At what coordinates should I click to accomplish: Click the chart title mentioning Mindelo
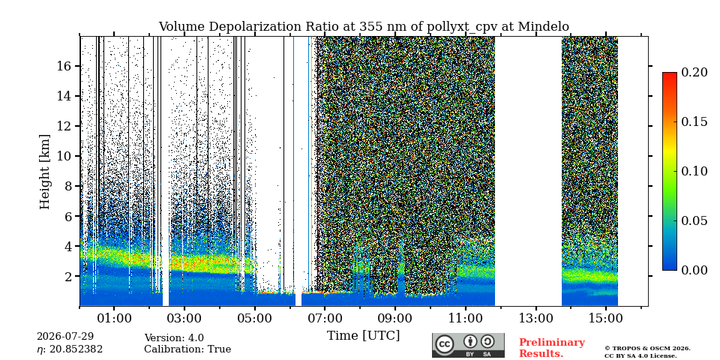coord(364,27)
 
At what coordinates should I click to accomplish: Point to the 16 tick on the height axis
coord(79,66)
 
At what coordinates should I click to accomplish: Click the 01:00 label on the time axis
coord(115,318)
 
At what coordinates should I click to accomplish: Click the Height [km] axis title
coord(44,171)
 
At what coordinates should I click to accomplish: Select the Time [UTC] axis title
coord(363,336)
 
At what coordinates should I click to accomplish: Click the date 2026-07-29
coord(65,337)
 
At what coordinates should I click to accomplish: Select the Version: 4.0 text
coord(174,338)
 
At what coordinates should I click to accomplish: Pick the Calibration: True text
coord(187,349)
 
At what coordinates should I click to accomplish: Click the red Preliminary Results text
coord(552,348)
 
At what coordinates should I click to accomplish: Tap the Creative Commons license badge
coord(468,345)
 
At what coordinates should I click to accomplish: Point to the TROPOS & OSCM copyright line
coord(647,349)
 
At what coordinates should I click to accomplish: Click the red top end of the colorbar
coord(670,73)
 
